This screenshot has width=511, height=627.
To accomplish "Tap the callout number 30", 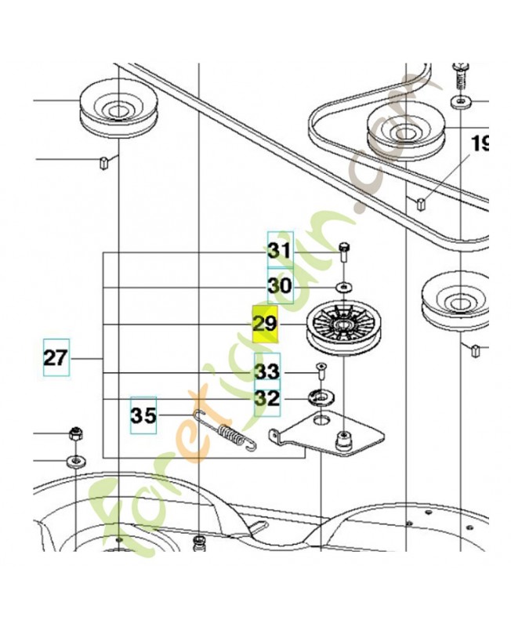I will pyautogui.click(x=280, y=286).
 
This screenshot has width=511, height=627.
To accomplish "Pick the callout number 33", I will pyautogui.click(x=267, y=371).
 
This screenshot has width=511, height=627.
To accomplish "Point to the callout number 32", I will pyautogui.click(x=267, y=399).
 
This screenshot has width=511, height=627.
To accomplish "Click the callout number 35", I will pyautogui.click(x=143, y=415).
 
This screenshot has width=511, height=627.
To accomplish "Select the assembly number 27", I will pyautogui.click(x=55, y=358).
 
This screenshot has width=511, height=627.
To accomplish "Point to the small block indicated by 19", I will pyautogui.click(x=420, y=205).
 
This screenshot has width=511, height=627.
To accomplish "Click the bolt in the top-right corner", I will pyautogui.click(x=459, y=81).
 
